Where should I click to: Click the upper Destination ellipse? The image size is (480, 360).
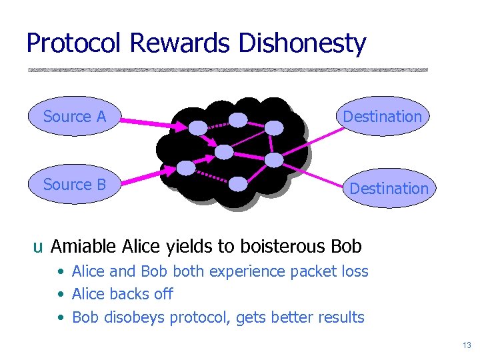coord(382,117)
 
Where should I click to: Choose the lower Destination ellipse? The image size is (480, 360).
coord(389,189)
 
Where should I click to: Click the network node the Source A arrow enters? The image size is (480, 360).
coord(197,127)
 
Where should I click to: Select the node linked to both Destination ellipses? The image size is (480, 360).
coord(274,159)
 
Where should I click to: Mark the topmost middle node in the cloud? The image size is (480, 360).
coord(237,120)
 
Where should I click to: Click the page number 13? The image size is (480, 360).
coord(466,345)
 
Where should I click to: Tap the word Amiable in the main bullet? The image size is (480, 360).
coord(84,247)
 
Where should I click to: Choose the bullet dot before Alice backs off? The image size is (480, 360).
coord(61,295)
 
